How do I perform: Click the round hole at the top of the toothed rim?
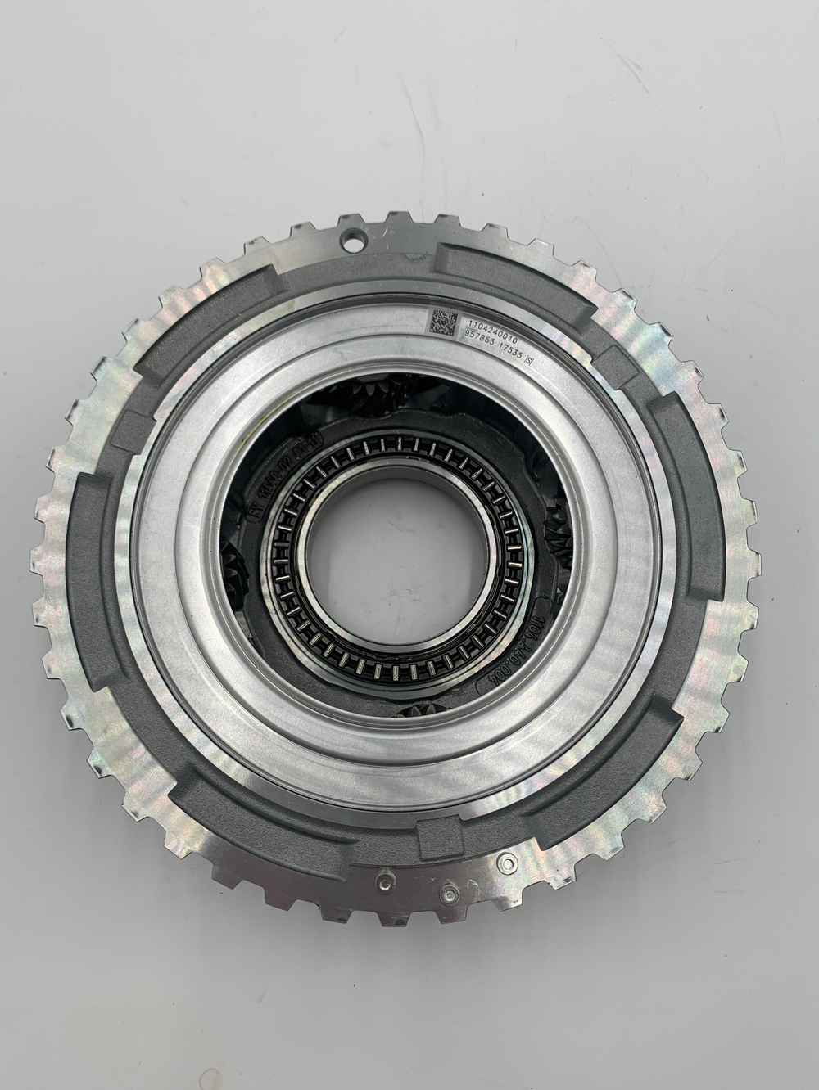(355, 242)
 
